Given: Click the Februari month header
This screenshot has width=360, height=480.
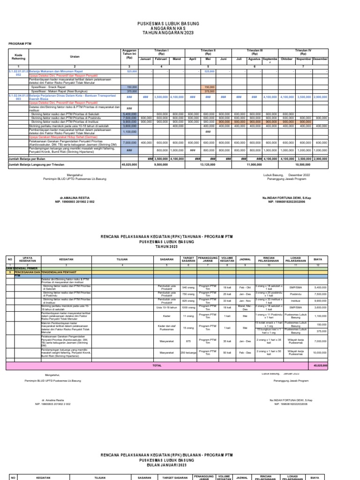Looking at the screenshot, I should pos(161,59).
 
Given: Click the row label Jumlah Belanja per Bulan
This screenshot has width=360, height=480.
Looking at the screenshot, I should pos(28,159).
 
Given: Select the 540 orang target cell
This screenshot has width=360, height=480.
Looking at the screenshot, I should pos(188,287).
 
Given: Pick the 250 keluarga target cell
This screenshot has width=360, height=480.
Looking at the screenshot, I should pos(188,352).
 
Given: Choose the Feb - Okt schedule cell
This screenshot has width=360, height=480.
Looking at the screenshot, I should pos(244,287).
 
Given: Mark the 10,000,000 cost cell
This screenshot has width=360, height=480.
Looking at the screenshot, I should pos(320,352).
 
